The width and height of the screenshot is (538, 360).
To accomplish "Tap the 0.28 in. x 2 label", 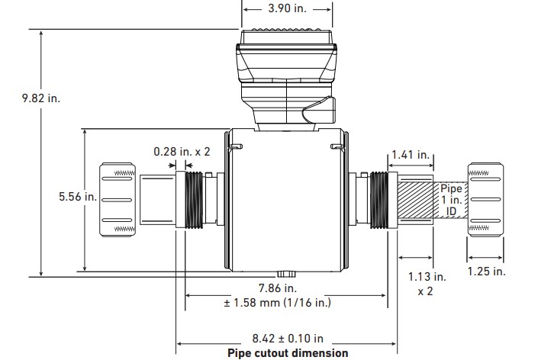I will click(x=182, y=152).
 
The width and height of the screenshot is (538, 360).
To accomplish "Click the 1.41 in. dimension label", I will click(x=412, y=156).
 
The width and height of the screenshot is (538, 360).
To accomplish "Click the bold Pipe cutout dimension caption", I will click(x=288, y=353).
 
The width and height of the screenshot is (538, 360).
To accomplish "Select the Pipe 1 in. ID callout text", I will click(x=451, y=199).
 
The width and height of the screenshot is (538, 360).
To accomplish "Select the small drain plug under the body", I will click(x=288, y=273).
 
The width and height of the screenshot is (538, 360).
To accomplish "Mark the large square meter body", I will click(x=288, y=202).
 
